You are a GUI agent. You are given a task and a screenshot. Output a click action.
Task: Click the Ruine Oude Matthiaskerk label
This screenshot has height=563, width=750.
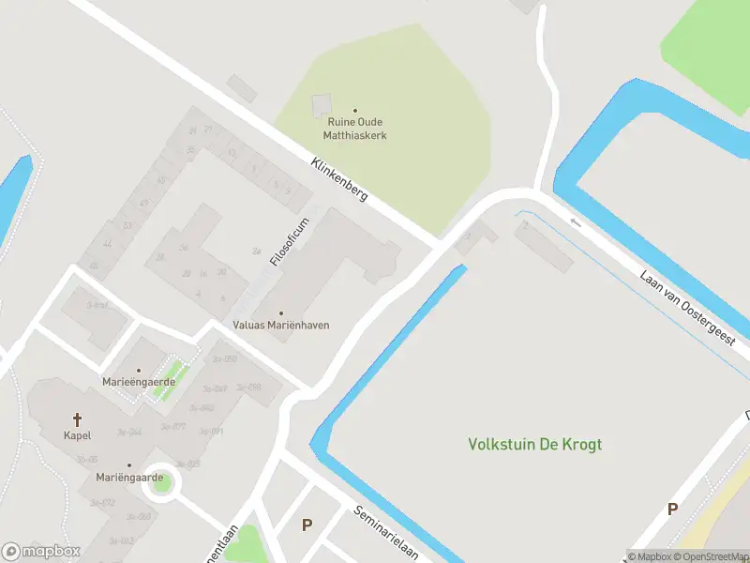[x=356, y=129]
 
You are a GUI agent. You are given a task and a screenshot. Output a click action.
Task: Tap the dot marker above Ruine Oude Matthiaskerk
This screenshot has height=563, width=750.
[x=354, y=111]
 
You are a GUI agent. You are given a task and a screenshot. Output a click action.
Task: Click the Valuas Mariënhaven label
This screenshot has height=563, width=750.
[x=281, y=325]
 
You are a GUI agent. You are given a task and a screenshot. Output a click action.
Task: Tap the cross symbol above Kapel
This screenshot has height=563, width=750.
[x=77, y=419]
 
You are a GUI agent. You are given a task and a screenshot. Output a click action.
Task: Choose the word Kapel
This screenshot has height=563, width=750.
[x=77, y=436]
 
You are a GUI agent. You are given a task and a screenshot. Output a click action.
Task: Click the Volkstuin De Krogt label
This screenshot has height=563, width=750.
[x=535, y=444]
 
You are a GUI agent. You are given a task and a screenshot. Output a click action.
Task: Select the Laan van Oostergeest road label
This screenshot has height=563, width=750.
[x=688, y=310]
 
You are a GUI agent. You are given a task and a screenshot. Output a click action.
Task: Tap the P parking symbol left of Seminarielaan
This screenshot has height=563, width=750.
[x=306, y=525]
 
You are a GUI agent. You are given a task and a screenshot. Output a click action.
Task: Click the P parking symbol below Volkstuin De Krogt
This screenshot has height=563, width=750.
[x=671, y=510]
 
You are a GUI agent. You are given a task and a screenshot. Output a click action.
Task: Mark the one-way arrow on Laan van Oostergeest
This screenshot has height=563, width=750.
[x=576, y=222]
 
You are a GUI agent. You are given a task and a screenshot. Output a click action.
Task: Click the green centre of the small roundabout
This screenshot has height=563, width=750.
[x=162, y=482]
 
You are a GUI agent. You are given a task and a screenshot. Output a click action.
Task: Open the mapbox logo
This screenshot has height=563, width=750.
[x=41, y=552]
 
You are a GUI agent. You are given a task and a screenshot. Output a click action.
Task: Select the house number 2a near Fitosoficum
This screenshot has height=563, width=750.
[x=256, y=251]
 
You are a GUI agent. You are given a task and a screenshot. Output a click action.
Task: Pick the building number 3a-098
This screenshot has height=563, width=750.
[x=248, y=387]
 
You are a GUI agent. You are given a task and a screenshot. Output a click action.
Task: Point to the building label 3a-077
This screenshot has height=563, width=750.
[x=173, y=426]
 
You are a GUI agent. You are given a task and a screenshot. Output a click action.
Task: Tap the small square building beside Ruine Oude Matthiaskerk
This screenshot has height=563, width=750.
[x=321, y=105]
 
